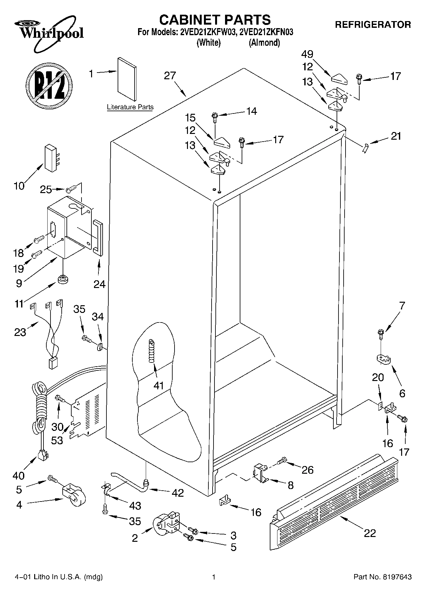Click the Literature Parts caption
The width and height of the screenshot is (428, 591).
pos(130,107)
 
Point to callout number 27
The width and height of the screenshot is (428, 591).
pos(170,76)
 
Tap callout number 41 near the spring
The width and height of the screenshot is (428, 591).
pos(159,386)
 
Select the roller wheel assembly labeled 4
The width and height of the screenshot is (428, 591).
pos(73,497)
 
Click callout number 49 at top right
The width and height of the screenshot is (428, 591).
pos(307,54)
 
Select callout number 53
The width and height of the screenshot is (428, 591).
pos(57,440)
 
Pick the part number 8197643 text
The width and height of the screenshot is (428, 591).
pos(382,577)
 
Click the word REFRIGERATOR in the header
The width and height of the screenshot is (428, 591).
pos(373,25)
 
